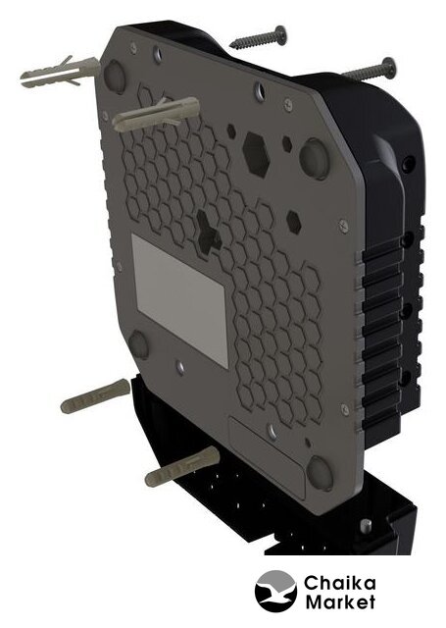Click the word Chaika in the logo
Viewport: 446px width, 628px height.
coord(339,585)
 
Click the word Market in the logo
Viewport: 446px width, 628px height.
coord(340,602)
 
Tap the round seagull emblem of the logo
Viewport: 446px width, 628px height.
coord(276,591)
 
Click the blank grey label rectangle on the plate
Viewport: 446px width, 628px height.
coord(180,299)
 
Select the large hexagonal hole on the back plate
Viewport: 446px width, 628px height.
coord(256,154)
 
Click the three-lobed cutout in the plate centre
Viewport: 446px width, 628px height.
coord(209,232)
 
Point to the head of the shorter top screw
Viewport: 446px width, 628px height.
coord(281,34)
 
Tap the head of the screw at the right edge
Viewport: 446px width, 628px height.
coord(388,69)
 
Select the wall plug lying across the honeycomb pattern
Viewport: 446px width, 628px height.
coord(156,114)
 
